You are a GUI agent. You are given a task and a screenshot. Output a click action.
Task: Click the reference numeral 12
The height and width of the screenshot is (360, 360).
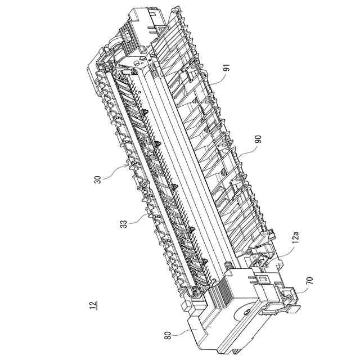(x=92, y=306)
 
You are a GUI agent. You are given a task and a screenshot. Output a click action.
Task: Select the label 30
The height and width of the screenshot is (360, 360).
(x=98, y=179)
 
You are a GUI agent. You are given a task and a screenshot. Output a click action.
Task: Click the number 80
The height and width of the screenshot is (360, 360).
(x=168, y=334)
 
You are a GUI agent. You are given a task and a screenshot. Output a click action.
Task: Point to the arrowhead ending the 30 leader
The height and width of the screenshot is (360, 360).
(x=128, y=166)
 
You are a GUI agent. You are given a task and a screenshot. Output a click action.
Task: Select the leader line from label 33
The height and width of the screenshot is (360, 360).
(x=138, y=218)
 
